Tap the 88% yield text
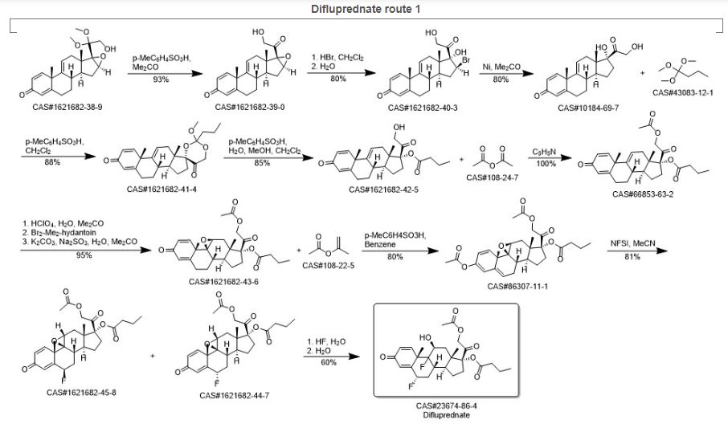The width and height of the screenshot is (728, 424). pyautogui.click(x=45, y=165)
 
